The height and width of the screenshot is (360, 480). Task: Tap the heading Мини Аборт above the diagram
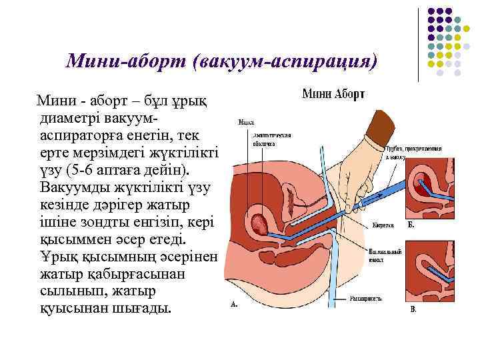pos(333,95)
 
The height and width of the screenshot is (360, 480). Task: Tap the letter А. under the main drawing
pos(234,305)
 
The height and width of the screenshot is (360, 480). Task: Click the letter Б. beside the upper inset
pos(411,225)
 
